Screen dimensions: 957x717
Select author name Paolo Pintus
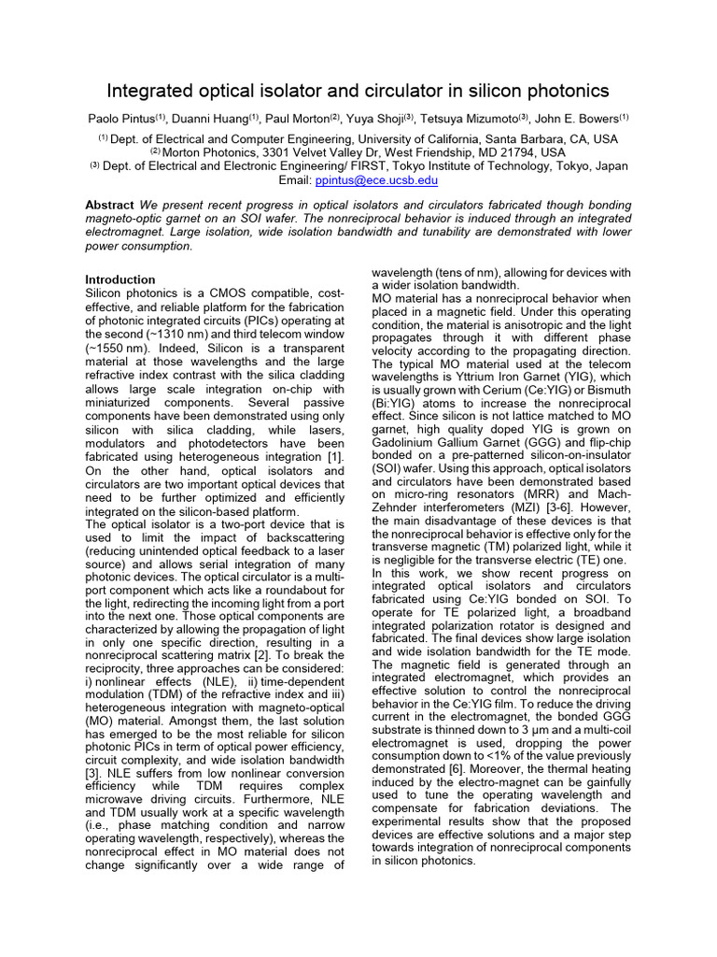point(119,118)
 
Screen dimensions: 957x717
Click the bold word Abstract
point(110,205)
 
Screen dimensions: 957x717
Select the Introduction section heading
point(120,279)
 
